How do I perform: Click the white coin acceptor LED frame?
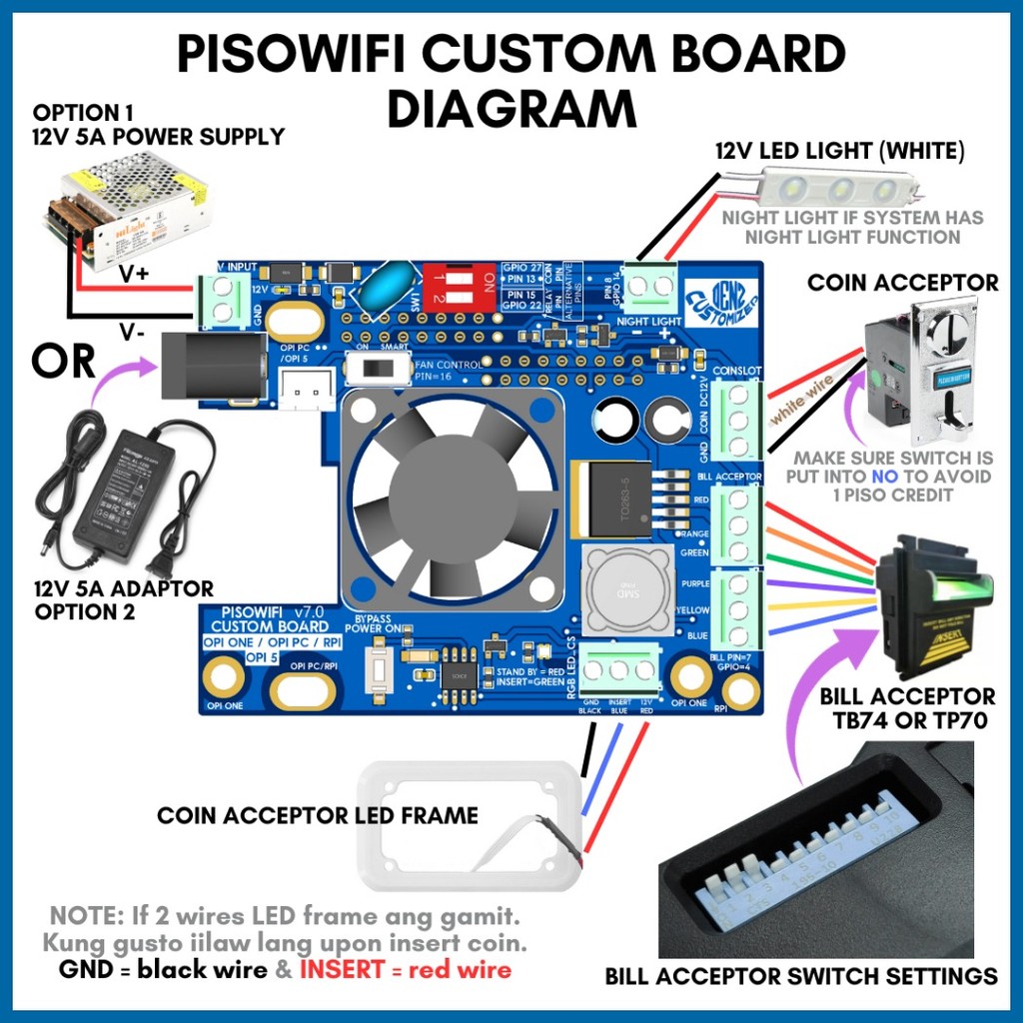[x=469, y=825]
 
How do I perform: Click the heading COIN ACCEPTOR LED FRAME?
[x=317, y=816]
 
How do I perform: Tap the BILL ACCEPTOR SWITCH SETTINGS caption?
[x=801, y=976]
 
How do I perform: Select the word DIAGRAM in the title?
[x=511, y=108]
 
